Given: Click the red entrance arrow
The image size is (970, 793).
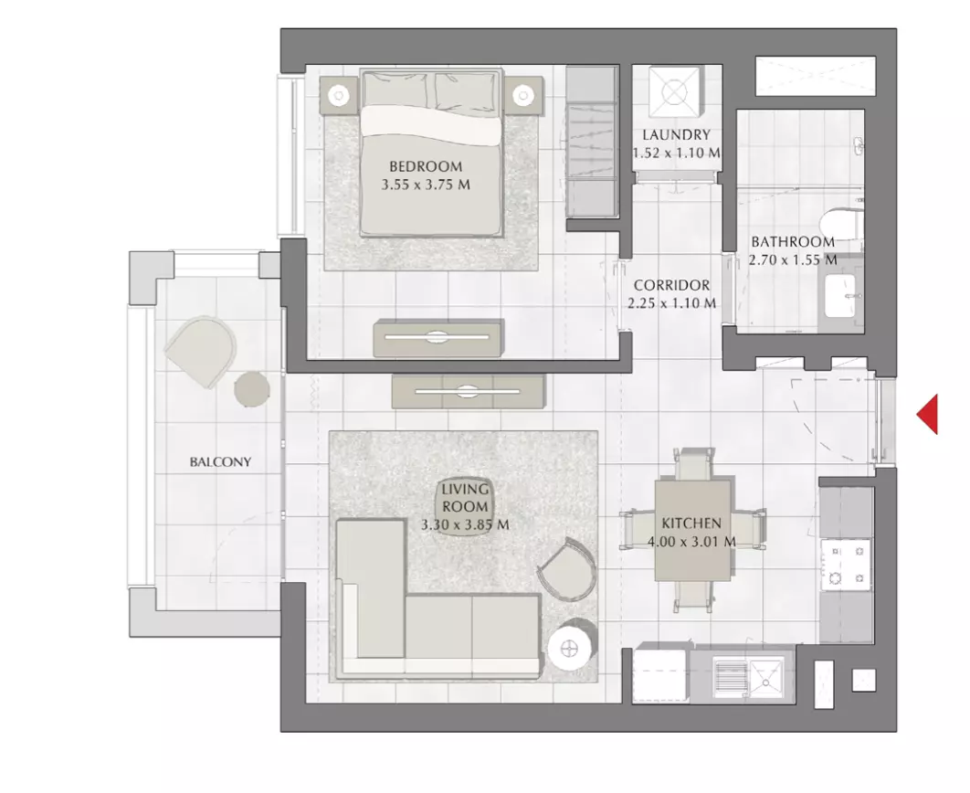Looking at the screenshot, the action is tap(928, 414).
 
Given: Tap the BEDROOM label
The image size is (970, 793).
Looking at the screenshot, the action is tap(426, 166).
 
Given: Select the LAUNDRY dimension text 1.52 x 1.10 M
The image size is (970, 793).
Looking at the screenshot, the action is tap(676, 153).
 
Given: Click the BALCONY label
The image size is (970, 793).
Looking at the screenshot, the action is tap(220, 461).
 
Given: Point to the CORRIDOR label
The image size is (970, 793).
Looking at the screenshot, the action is tap(672, 285).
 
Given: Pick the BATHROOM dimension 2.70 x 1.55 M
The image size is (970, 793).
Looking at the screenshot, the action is tap(793, 259).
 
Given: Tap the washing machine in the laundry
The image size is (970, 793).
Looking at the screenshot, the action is tap(674, 91).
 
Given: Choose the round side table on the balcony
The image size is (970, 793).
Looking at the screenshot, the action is tap(252, 389).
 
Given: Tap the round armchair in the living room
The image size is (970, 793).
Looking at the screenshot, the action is tap(566, 568).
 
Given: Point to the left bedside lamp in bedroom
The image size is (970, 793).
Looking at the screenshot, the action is tap(338, 95).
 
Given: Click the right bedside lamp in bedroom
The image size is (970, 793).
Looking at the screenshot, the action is tap(523, 95).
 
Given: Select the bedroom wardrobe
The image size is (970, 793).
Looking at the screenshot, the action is tap(593, 142).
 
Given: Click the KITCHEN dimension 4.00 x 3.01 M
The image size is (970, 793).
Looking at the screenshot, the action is tap(691, 542).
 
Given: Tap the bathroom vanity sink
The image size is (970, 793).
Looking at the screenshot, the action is tap(841, 295).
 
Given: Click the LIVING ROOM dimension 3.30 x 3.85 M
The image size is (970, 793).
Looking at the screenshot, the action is tap(465, 524).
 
